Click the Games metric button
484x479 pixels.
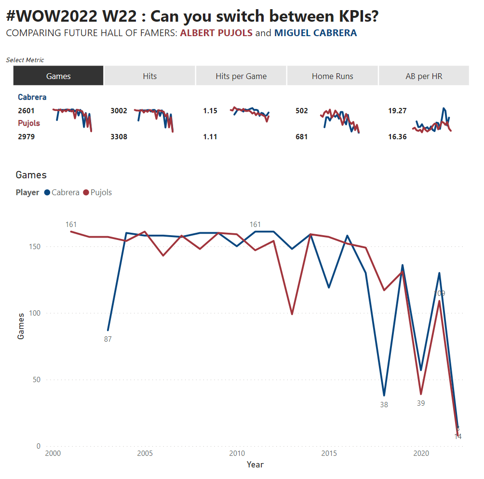[58, 76]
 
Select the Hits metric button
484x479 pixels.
[150, 76]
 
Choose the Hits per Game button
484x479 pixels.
[241, 76]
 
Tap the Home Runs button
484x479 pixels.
[333, 76]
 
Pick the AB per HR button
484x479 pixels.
[424, 76]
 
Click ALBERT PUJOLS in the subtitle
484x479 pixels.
[216, 33]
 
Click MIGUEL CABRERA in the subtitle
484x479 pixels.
[316, 33]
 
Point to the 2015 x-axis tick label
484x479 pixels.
[329, 453]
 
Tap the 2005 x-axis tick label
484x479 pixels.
[145, 453]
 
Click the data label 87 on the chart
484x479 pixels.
[108, 339]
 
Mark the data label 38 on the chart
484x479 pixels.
[384, 405]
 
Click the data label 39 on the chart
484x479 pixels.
[421, 403]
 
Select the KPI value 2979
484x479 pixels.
[26, 137]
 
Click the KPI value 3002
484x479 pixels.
[119, 111]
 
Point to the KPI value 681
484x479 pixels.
[302, 137]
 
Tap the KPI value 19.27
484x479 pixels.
[397, 111]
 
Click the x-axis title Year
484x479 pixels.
[255, 465]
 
